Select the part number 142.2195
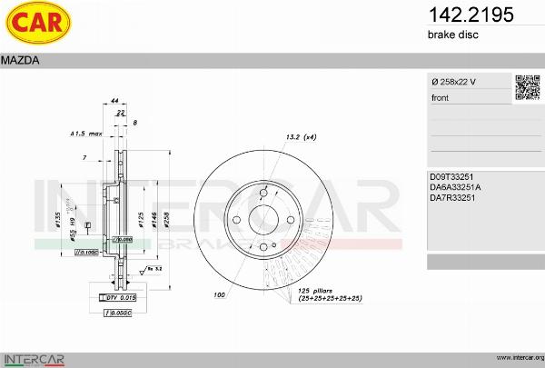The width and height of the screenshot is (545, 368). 458,15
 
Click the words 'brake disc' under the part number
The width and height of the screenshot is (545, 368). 452,35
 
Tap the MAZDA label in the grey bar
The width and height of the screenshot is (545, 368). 19,61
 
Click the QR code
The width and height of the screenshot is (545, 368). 527,87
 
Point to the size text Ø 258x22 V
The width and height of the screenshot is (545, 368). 455,83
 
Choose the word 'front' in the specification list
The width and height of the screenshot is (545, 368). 440,97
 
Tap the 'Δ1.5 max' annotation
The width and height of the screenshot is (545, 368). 86,134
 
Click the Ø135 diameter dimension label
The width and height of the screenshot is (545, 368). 58,220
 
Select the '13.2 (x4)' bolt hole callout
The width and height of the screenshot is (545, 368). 300,136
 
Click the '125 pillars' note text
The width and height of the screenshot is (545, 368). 321,291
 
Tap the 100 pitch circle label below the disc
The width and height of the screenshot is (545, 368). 219,295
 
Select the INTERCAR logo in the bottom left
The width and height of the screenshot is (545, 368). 34,358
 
